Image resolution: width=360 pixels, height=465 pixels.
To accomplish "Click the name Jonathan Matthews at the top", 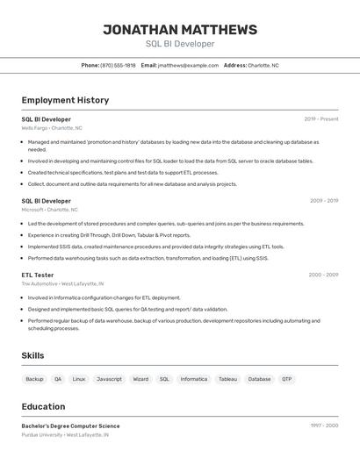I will (x=180, y=30).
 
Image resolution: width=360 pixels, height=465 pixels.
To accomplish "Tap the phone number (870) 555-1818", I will (x=118, y=65).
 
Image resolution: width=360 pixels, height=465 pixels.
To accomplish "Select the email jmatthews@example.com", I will (x=188, y=65).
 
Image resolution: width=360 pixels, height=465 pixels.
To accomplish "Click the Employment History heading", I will (x=65, y=100).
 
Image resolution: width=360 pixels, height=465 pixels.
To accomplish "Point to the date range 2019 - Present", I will (x=320, y=119).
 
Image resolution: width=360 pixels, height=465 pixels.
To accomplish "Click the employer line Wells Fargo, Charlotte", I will (x=52, y=128).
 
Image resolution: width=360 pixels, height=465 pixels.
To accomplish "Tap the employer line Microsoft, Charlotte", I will (x=49, y=210).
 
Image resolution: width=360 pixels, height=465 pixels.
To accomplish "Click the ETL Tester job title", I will (x=38, y=275).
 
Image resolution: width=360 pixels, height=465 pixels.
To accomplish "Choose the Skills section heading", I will (x=32, y=355).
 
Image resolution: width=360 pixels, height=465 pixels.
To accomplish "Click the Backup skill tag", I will (x=34, y=379).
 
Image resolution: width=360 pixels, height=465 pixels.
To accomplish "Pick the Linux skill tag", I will (x=79, y=379).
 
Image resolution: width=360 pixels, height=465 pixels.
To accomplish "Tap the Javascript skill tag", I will (x=109, y=379).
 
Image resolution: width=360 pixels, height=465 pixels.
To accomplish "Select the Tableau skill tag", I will (x=227, y=379).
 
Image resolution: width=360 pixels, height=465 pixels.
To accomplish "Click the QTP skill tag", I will (x=286, y=379).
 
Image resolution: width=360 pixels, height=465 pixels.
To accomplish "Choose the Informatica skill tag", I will (x=193, y=379).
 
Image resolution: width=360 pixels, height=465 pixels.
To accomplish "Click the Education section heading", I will (x=43, y=406).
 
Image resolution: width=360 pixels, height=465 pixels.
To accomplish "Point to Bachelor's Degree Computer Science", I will (x=70, y=426).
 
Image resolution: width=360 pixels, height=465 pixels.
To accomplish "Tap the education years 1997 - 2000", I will (x=322, y=426).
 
